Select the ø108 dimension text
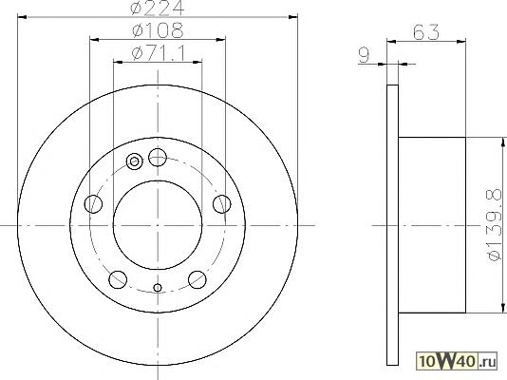[158, 30]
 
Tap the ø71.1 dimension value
[160, 53]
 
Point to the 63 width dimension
[426, 31]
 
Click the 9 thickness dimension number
[365, 55]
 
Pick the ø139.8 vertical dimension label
[494, 225]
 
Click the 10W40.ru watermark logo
[457, 361]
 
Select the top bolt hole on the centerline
[158, 158]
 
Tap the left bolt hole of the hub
[93, 204]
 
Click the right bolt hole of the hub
[222, 204]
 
